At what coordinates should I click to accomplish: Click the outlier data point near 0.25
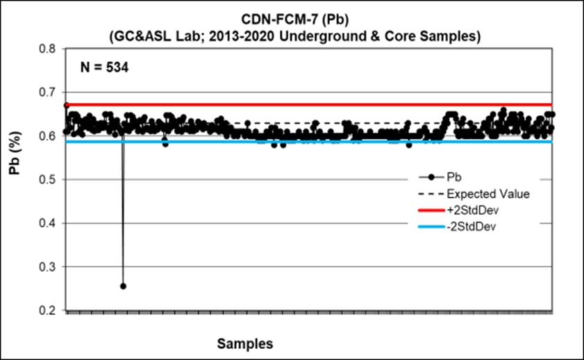[x=123, y=286]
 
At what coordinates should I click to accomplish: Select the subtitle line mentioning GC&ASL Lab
[x=292, y=36]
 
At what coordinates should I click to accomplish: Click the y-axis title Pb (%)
[x=16, y=180]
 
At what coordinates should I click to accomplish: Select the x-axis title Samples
[x=244, y=343]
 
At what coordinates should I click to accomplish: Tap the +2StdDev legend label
[x=474, y=210]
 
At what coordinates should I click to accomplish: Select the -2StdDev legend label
[x=472, y=227]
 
